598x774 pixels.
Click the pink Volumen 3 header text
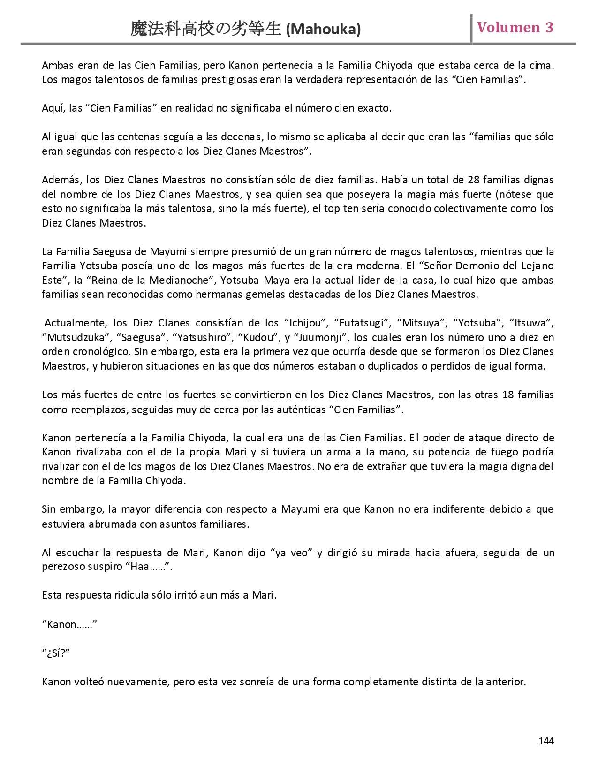coord(515,28)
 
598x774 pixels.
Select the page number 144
coord(546,741)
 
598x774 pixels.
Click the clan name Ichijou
coord(306,323)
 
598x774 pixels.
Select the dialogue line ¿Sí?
coord(56,653)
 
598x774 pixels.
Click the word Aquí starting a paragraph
coord(52,108)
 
